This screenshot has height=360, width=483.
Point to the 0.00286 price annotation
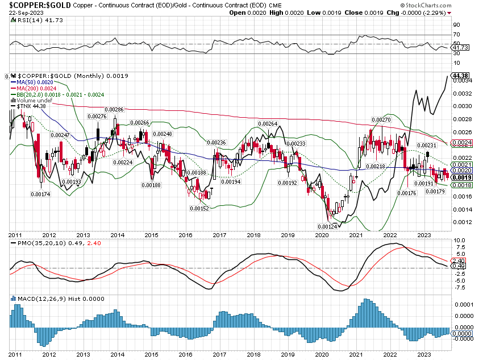[x=115, y=109]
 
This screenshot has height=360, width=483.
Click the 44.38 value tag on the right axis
[x=461, y=76]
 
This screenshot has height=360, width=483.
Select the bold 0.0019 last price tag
[x=461, y=177]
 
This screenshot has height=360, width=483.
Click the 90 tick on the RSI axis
[x=456, y=25]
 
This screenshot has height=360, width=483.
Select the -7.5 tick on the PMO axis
[x=459, y=287]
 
